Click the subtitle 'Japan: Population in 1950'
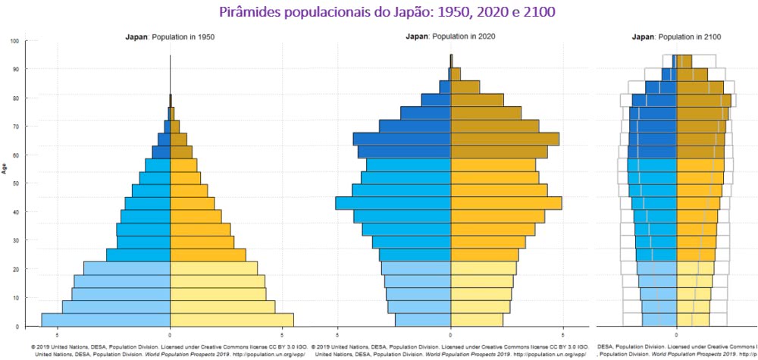(169, 36)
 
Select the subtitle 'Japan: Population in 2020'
(450, 36)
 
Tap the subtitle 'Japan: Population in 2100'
(676, 36)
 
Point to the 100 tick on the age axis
(14, 41)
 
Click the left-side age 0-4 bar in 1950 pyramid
(105, 320)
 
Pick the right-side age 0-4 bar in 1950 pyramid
(231, 320)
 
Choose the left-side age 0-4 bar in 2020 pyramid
(423, 320)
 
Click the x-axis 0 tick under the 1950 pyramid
(170, 333)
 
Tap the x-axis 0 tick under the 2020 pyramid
(450, 333)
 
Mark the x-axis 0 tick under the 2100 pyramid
(676, 333)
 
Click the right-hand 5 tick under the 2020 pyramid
(562, 333)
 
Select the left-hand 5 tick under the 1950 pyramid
(57, 333)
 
